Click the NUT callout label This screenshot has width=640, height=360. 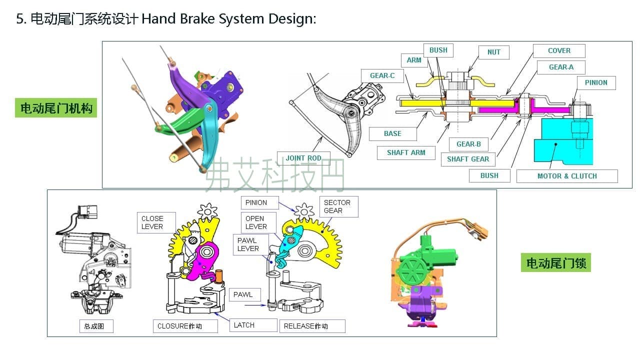pyautogui.click(x=493, y=52)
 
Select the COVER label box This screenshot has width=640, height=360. pyautogui.click(x=558, y=51)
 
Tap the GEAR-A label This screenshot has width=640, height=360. pyautogui.click(x=561, y=67)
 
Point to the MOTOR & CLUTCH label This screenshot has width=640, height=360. pyautogui.click(x=567, y=176)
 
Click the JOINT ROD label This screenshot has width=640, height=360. pyautogui.click(x=303, y=158)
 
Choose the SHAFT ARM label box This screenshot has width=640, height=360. pyautogui.click(x=405, y=153)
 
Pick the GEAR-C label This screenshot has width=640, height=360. pyautogui.click(x=382, y=76)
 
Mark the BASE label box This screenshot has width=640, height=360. pyautogui.click(x=392, y=134)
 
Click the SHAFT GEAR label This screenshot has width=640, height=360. pyautogui.click(x=468, y=159)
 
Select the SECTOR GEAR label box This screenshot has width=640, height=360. pyautogui.click(x=338, y=206)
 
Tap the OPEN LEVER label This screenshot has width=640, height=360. pyautogui.click(x=256, y=222)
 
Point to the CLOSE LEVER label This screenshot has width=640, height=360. pyautogui.click(x=152, y=222)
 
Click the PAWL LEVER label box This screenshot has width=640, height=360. pyautogui.click(x=248, y=244)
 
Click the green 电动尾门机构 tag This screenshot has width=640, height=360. pyautogui.click(x=56, y=108)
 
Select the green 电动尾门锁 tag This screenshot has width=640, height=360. pyautogui.click(x=555, y=262)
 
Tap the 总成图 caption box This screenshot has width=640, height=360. pyautogui.click(x=95, y=326)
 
